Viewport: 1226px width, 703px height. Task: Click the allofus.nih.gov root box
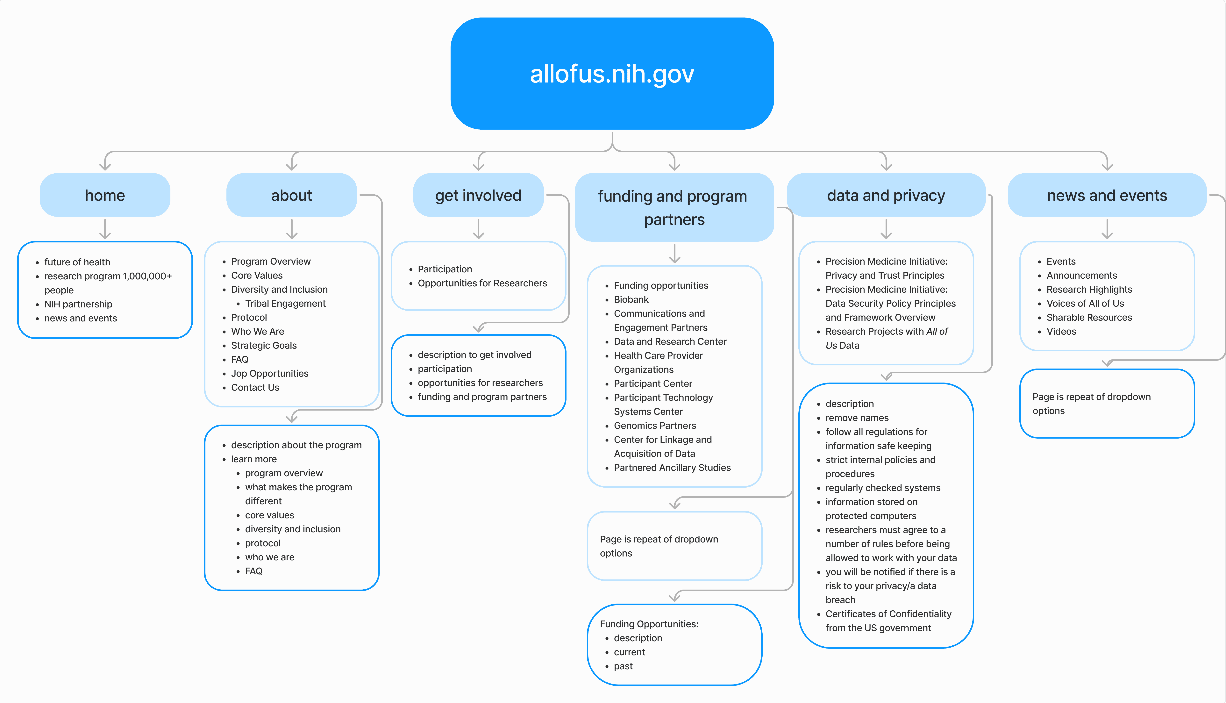(x=612, y=73)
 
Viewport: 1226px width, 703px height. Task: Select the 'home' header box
(x=105, y=195)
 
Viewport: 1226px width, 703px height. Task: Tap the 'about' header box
(x=292, y=195)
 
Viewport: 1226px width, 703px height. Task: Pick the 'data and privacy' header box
(x=886, y=195)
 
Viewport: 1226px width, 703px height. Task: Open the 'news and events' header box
(x=1107, y=195)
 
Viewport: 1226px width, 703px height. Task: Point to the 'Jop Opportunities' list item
(x=269, y=373)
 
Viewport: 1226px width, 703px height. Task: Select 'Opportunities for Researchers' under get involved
(x=482, y=283)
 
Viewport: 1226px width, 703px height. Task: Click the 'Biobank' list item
(x=631, y=299)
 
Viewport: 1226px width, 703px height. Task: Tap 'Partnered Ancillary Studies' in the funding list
(x=672, y=467)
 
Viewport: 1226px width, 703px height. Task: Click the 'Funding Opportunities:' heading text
(x=649, y=624)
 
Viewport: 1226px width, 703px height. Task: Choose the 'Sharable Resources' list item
(x=1089, y=317)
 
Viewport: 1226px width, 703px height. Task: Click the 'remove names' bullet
(x=857, y=418)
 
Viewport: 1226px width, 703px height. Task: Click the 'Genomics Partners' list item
(x=654, y=425)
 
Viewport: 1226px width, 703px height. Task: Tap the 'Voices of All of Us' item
(x=1085, y=303)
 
